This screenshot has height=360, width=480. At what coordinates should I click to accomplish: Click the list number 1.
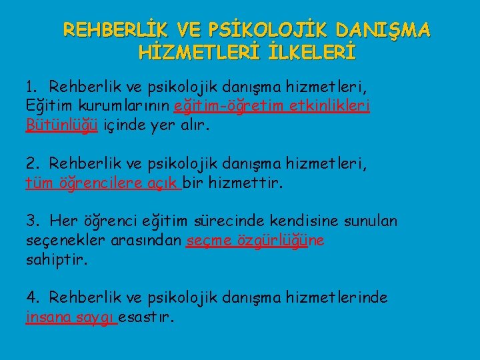31,86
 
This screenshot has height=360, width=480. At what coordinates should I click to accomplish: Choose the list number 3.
31,221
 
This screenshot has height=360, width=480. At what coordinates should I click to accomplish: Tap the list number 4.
31,297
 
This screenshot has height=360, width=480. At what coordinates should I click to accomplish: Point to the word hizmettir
245,183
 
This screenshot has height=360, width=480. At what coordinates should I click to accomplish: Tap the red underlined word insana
47,317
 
